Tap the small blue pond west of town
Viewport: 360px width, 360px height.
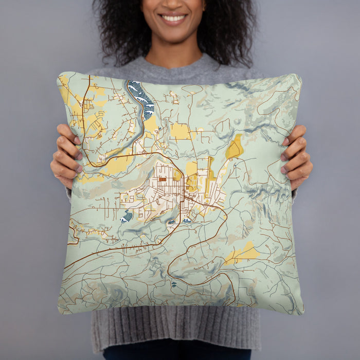[x=127, y=217]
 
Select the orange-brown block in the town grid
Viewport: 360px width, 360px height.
[x=163, y=179]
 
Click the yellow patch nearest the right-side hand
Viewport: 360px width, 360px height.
[x=235, y=148]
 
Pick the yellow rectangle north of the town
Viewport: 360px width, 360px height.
[x=180, y=132]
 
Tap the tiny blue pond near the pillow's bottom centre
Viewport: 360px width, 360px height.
[x=173, y=283]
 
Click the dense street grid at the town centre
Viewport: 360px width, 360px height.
[x=159, y=193]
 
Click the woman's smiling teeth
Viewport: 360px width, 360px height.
[x=173, y=19]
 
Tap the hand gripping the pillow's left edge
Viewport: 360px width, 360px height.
[x=64, y=157]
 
